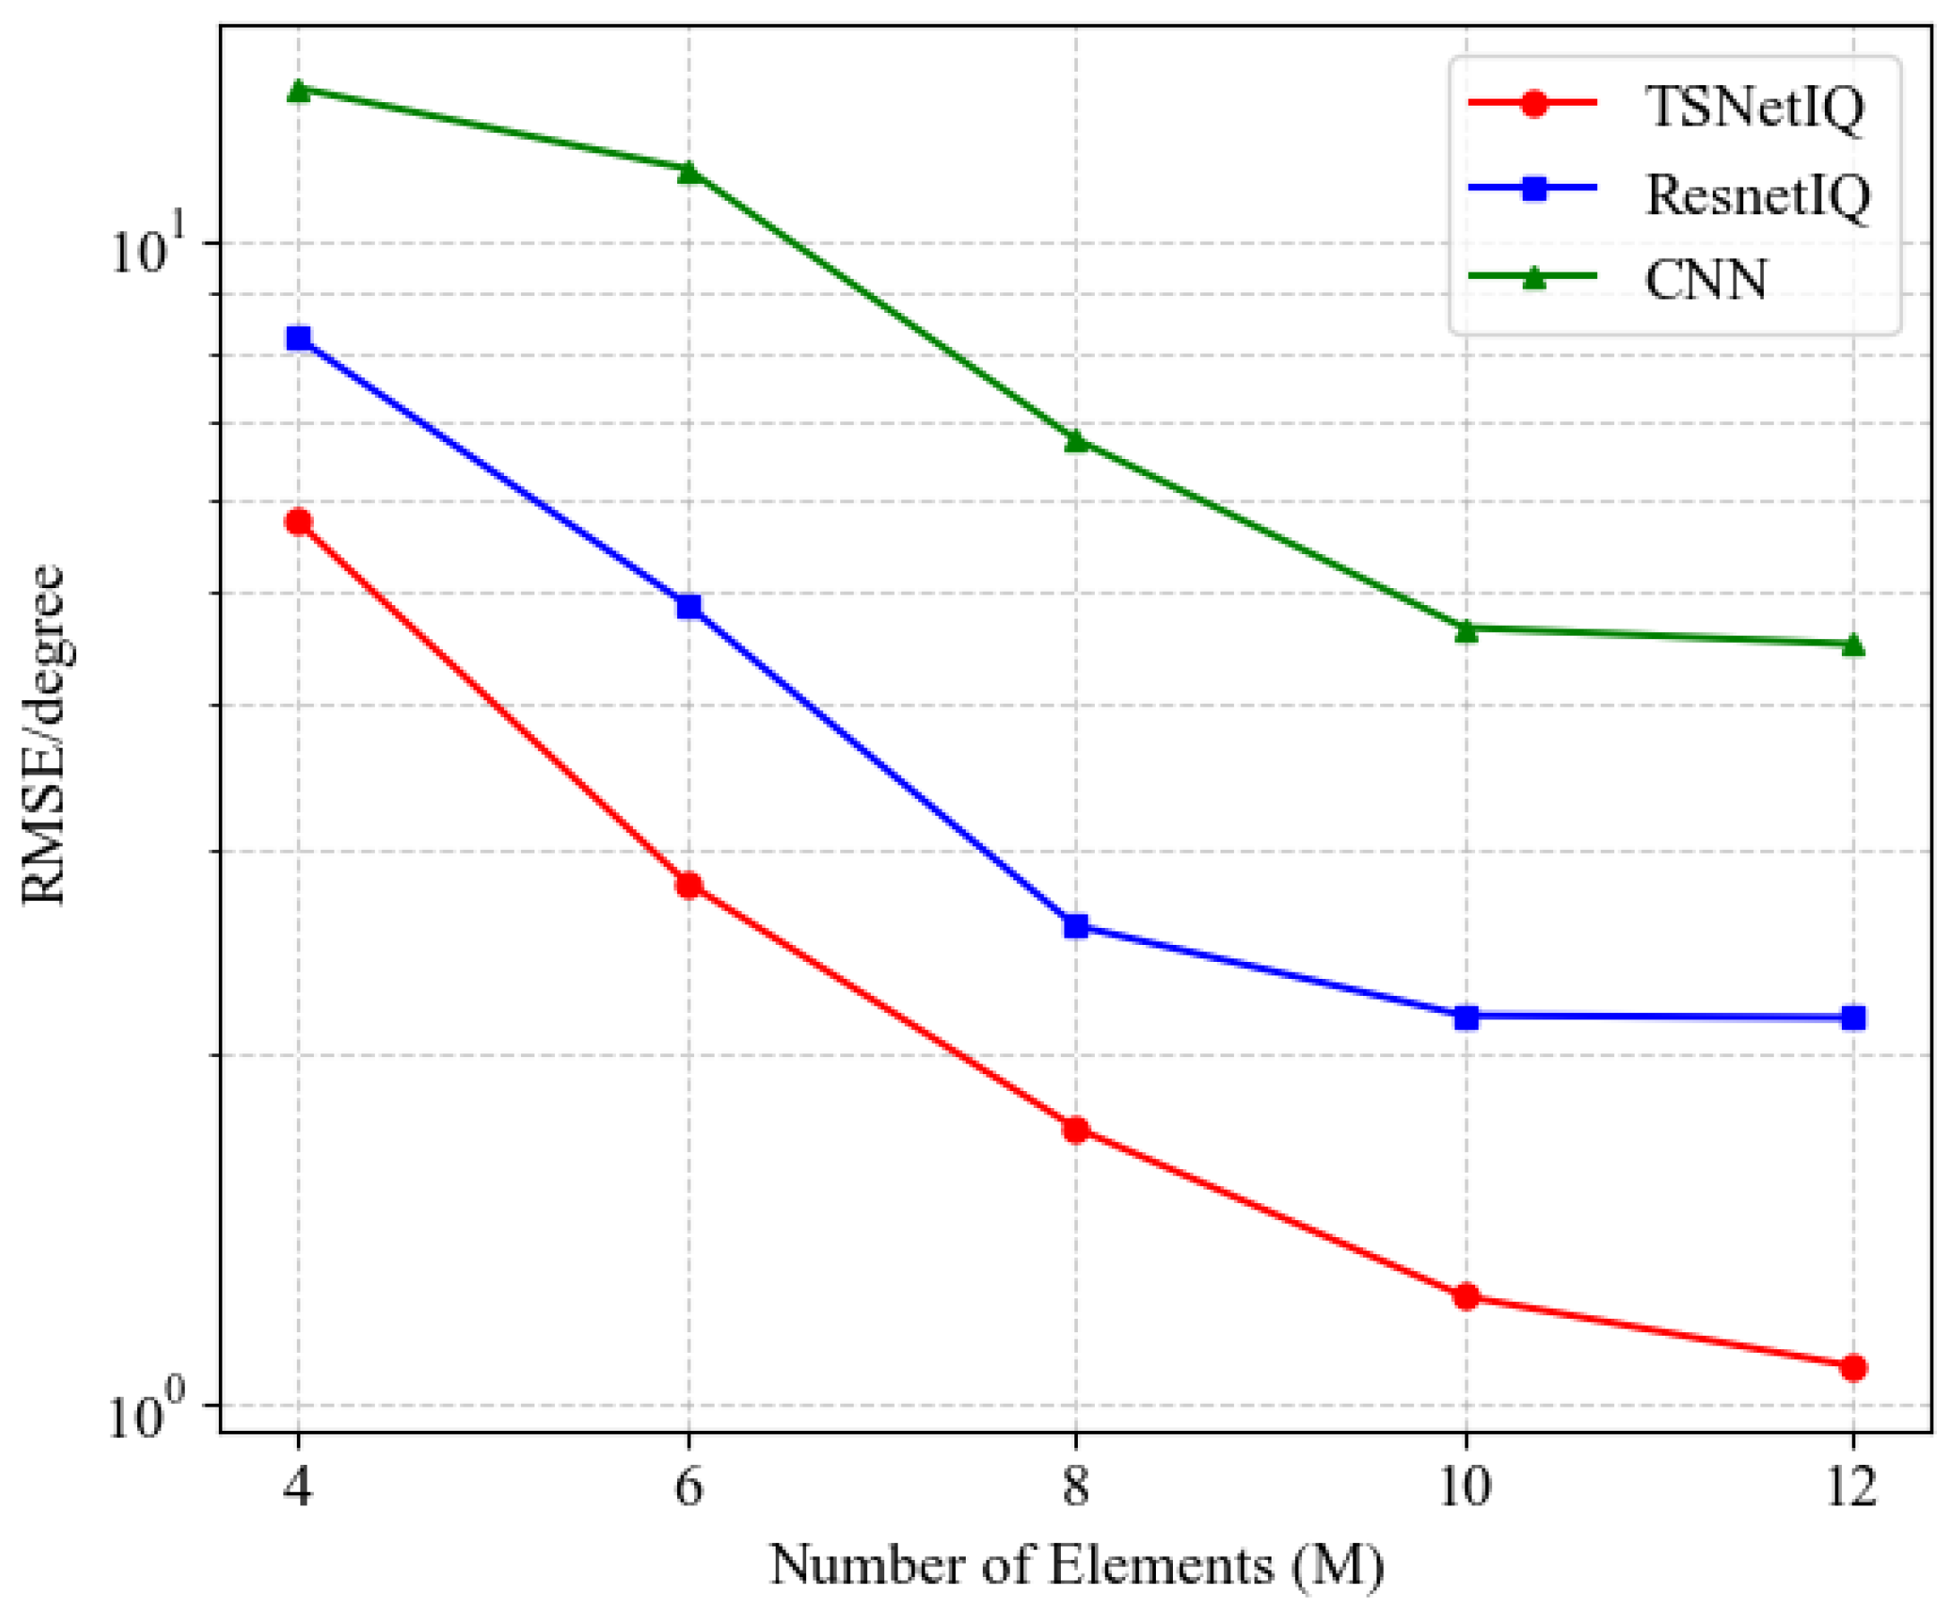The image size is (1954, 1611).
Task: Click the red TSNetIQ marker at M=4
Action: pyautogui.click(x=298, y=522)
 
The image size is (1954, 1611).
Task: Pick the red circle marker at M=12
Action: pyautogui.click(x=1853, y=1367)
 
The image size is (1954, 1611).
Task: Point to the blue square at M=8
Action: pyautogui.click(x=1076, y=925)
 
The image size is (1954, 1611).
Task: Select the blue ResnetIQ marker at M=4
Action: pyautogui.click(x=298, y=338)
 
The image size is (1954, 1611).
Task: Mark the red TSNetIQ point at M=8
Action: pyautogui.click(x=1076, y=1130)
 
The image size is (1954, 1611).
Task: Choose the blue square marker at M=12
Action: pyautogui.click(x=1853, y=1018)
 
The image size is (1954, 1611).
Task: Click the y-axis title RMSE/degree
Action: pyautogui.click(x=44, y=734)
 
